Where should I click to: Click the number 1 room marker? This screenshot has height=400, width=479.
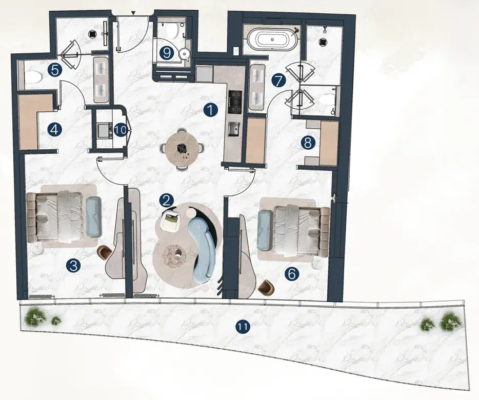211,110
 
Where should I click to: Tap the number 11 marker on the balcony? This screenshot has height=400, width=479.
243,327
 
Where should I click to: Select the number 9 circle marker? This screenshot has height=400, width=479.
167,53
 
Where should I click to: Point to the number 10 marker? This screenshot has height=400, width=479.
120,130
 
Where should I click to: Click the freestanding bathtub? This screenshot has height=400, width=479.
271,39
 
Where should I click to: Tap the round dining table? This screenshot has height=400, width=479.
180,149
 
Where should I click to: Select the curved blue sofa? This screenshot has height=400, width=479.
202,247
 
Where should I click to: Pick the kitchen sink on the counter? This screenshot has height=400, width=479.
234,129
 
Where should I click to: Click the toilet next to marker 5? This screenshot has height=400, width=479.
33,77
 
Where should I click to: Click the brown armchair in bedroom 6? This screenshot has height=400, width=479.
266,287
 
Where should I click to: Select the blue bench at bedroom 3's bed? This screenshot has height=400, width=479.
93,216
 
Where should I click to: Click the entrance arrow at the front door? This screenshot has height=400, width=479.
133,13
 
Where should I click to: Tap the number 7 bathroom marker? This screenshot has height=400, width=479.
278,81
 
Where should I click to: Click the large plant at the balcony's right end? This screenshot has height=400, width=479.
449,320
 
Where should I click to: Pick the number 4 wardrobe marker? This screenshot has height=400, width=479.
55,130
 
